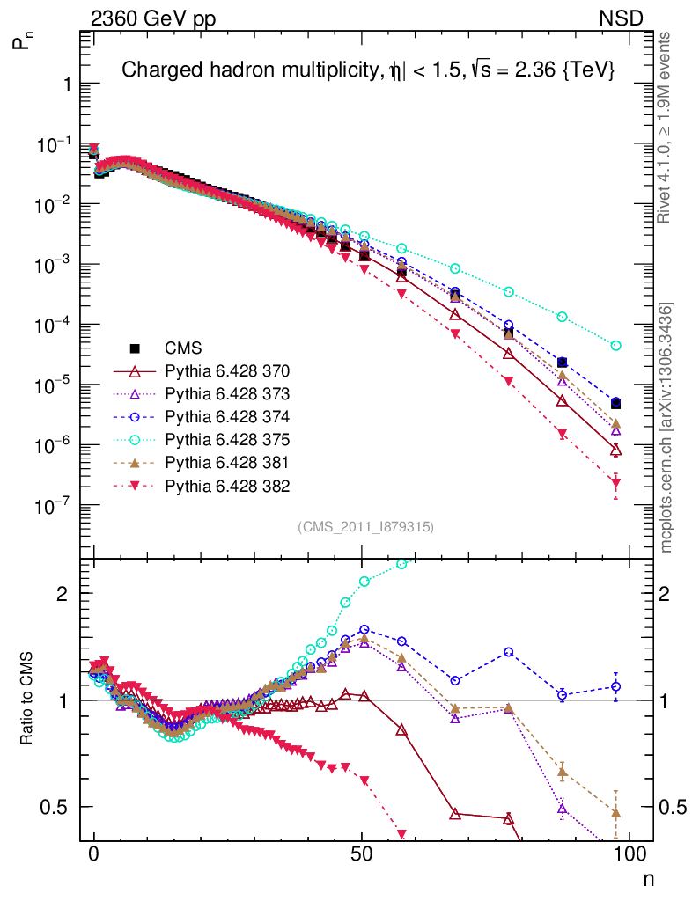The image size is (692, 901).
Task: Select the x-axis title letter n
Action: coord(648,878)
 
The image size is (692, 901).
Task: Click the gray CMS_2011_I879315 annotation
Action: coord(365,527)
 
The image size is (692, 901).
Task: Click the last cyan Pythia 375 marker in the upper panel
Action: coord(616,346)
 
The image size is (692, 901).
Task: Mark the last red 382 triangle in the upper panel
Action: coord(616,482)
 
